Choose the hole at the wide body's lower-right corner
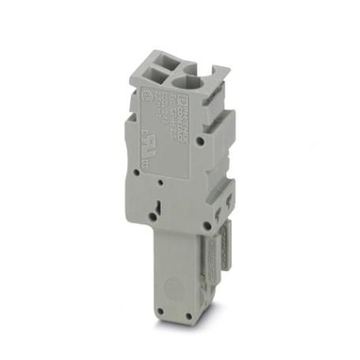206,225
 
